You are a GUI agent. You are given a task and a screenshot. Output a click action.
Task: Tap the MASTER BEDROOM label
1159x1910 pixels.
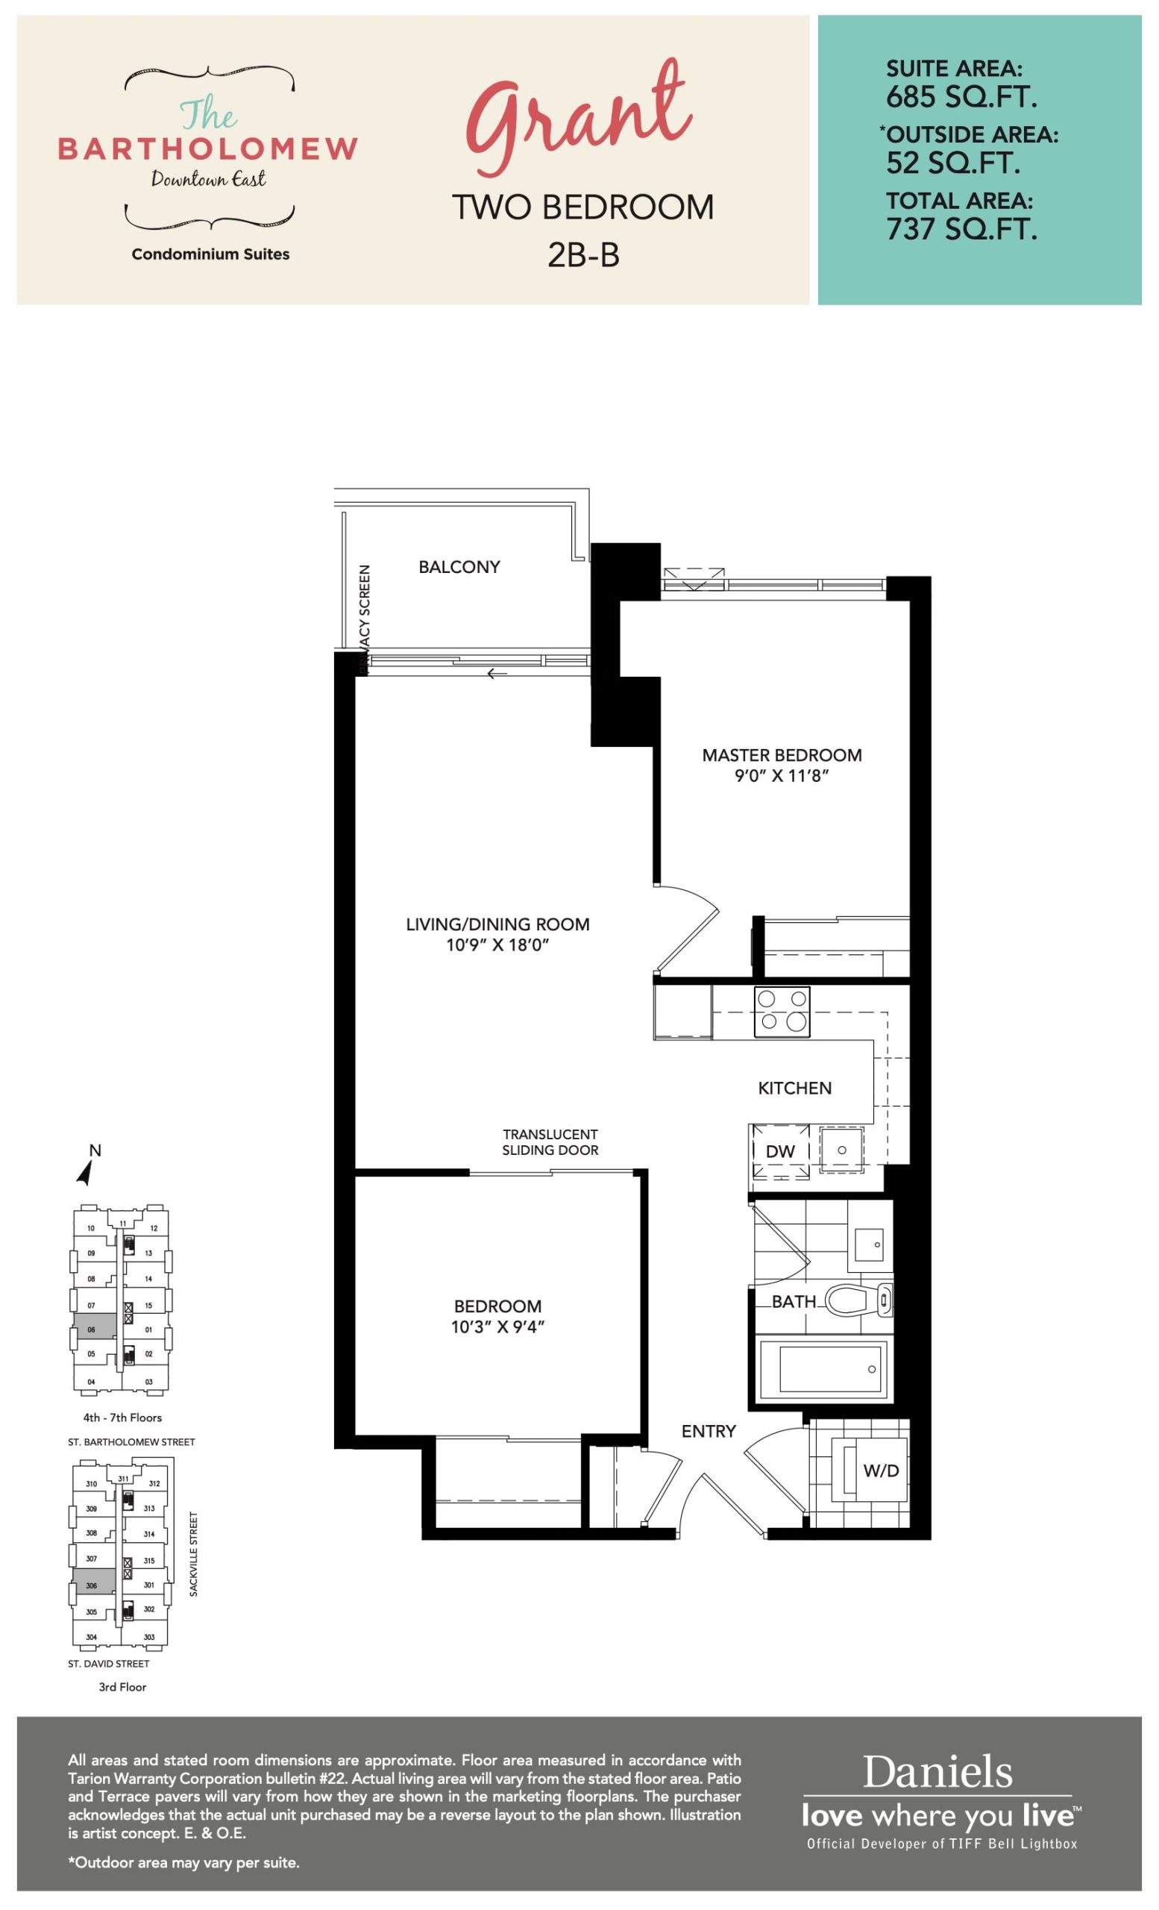click(x=782, y=755)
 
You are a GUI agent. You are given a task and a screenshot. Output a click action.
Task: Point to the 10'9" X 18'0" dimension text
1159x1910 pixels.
click(x=497, y=945)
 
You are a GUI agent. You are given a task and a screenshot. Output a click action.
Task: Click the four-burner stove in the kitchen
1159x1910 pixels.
click(x=782, y=1012)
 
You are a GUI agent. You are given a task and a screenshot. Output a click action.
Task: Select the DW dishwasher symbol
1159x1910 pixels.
click(x=780, y=1152)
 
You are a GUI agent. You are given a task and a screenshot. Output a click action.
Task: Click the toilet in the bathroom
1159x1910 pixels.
click(x=858, y=1300)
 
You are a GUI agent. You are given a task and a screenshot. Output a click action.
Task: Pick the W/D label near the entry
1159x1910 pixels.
click(x=881, y=1471)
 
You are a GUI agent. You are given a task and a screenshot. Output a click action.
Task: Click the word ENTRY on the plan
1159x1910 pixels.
click(x=708, y=1432)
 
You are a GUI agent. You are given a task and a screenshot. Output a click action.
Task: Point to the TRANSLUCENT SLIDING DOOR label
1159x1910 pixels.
click(x=550, y=1142)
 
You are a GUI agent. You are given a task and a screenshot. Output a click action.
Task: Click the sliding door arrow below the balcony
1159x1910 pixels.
click(x=497, y=674)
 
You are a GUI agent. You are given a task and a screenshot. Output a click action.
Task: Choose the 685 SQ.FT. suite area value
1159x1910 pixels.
click(x=961, y=97)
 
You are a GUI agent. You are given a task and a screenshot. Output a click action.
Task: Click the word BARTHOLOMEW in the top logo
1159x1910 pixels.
click(x=208, y=148)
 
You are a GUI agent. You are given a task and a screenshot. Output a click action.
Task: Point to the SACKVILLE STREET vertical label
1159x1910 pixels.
click(x=194, y=1553)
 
